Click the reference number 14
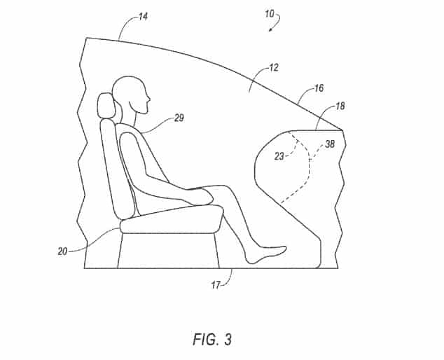[x=144, y=17]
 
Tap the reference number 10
[x=270, y=13]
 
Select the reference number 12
[x=274, y=68]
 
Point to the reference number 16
[x=319, y=88]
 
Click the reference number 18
[x=340, y=106]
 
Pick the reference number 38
[x=330, y=144]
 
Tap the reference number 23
[x=279, y=156]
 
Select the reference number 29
[x=179, y=118]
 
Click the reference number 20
[x=62, y=251]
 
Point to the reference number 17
[x=216, y=285]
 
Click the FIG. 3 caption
[x=212, y=339]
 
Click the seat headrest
[x=106, y=105]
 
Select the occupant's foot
[x=266, y=255]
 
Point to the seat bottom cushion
[x=172, y=219]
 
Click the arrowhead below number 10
[x=271, y=29]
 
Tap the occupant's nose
[x=148, y=99]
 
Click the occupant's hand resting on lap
[x=202, y=196]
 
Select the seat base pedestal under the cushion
[x=169, y=251]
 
